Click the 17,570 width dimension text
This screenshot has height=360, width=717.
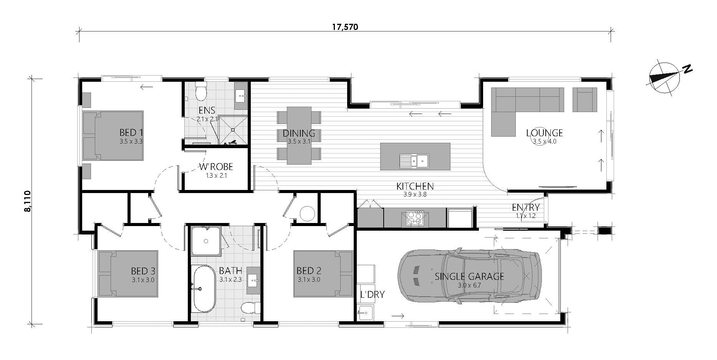[344, 27]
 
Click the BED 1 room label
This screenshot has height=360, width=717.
[131, 133]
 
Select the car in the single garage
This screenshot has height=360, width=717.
[470, 276]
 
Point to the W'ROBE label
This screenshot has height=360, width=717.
[216, 167]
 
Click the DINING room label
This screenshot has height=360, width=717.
[299, 134]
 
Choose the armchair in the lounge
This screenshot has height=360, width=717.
[585, 99]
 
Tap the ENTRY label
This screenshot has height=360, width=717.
[525, 208]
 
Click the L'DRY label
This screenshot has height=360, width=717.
[372, 295]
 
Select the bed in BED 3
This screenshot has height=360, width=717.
[128, 274]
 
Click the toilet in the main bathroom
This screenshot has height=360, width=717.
[252, 307]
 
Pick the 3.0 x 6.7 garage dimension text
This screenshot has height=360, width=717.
[469, 285]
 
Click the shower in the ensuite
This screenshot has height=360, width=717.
[233, 130]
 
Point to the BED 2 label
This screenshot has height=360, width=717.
[309, 271]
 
